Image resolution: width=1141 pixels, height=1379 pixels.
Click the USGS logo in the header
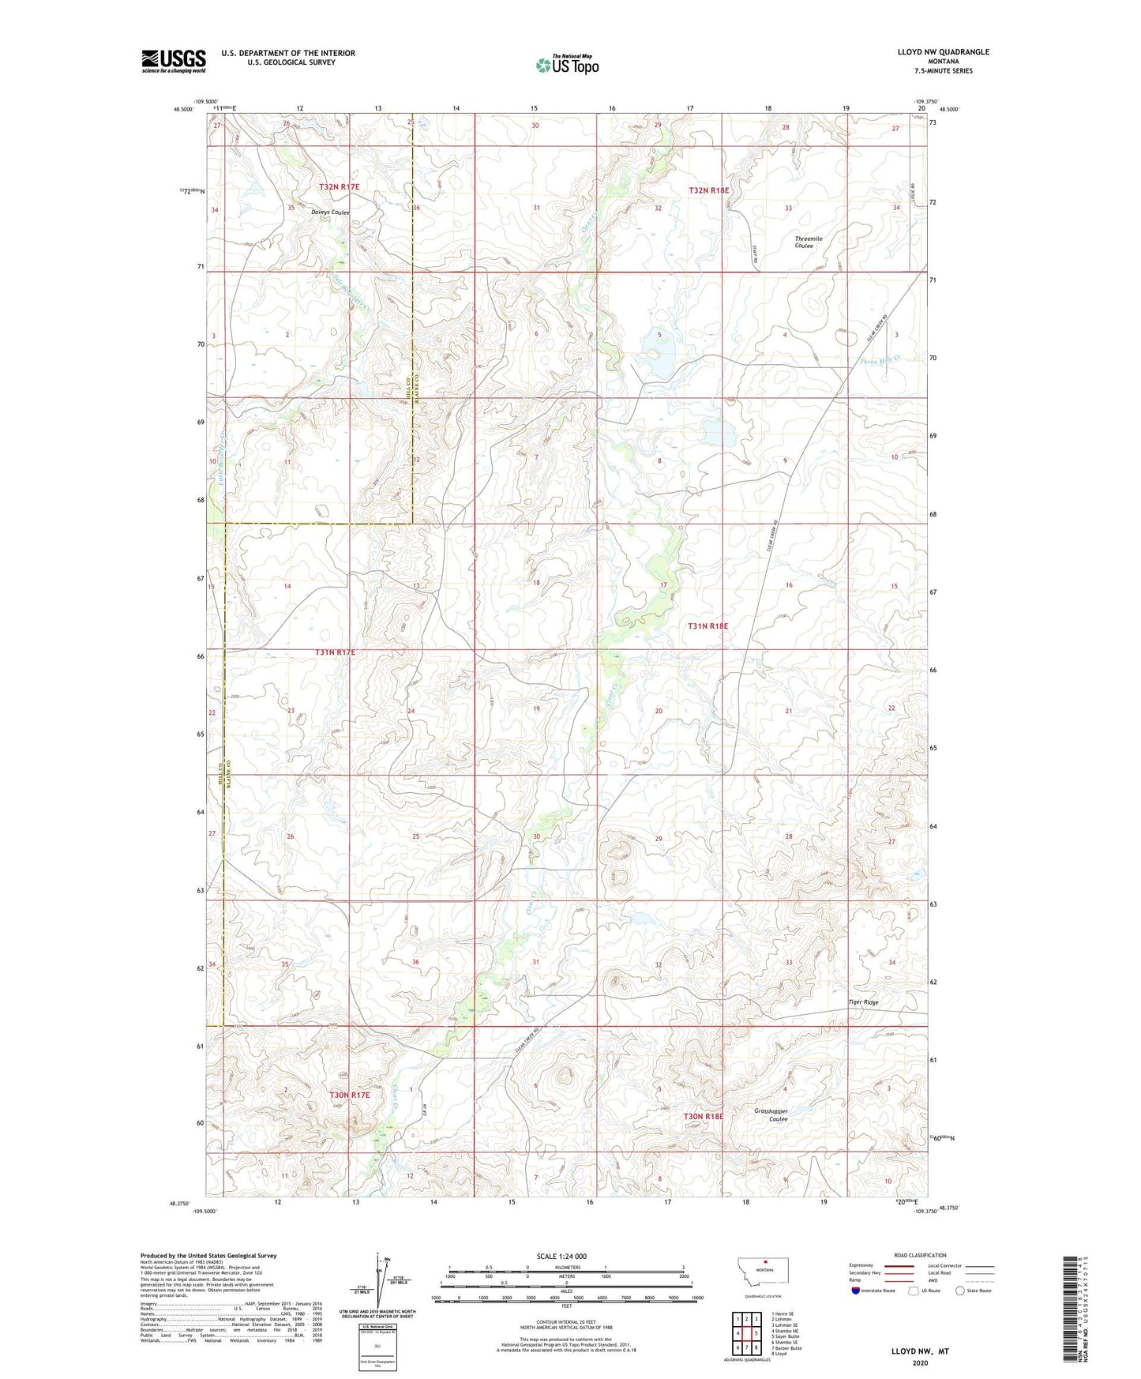coord(173,61)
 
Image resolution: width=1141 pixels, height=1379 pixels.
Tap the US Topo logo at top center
coord(567,65)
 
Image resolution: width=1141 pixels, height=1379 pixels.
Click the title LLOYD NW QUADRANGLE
coord(943,52)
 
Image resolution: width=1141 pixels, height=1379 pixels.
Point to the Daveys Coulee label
coord(329,212)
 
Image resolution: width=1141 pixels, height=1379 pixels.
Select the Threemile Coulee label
coord(808,242)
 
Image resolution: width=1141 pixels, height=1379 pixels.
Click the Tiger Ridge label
coord(863,1002)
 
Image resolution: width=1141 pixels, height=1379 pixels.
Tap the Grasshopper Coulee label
coord(771,1114)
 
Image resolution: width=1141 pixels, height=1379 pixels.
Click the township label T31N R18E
coord(707,626)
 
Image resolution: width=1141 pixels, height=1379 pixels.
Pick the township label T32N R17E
coord(339,186)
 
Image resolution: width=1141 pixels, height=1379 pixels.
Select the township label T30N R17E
coord(349,1095)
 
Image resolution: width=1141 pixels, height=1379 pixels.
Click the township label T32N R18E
coord(708,190)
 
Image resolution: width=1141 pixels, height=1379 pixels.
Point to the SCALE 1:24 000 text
coord(561,1256)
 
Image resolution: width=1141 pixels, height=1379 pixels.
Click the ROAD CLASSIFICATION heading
coord(920,1255)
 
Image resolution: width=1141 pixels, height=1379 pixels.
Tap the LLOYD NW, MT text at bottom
coord(920,1351)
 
